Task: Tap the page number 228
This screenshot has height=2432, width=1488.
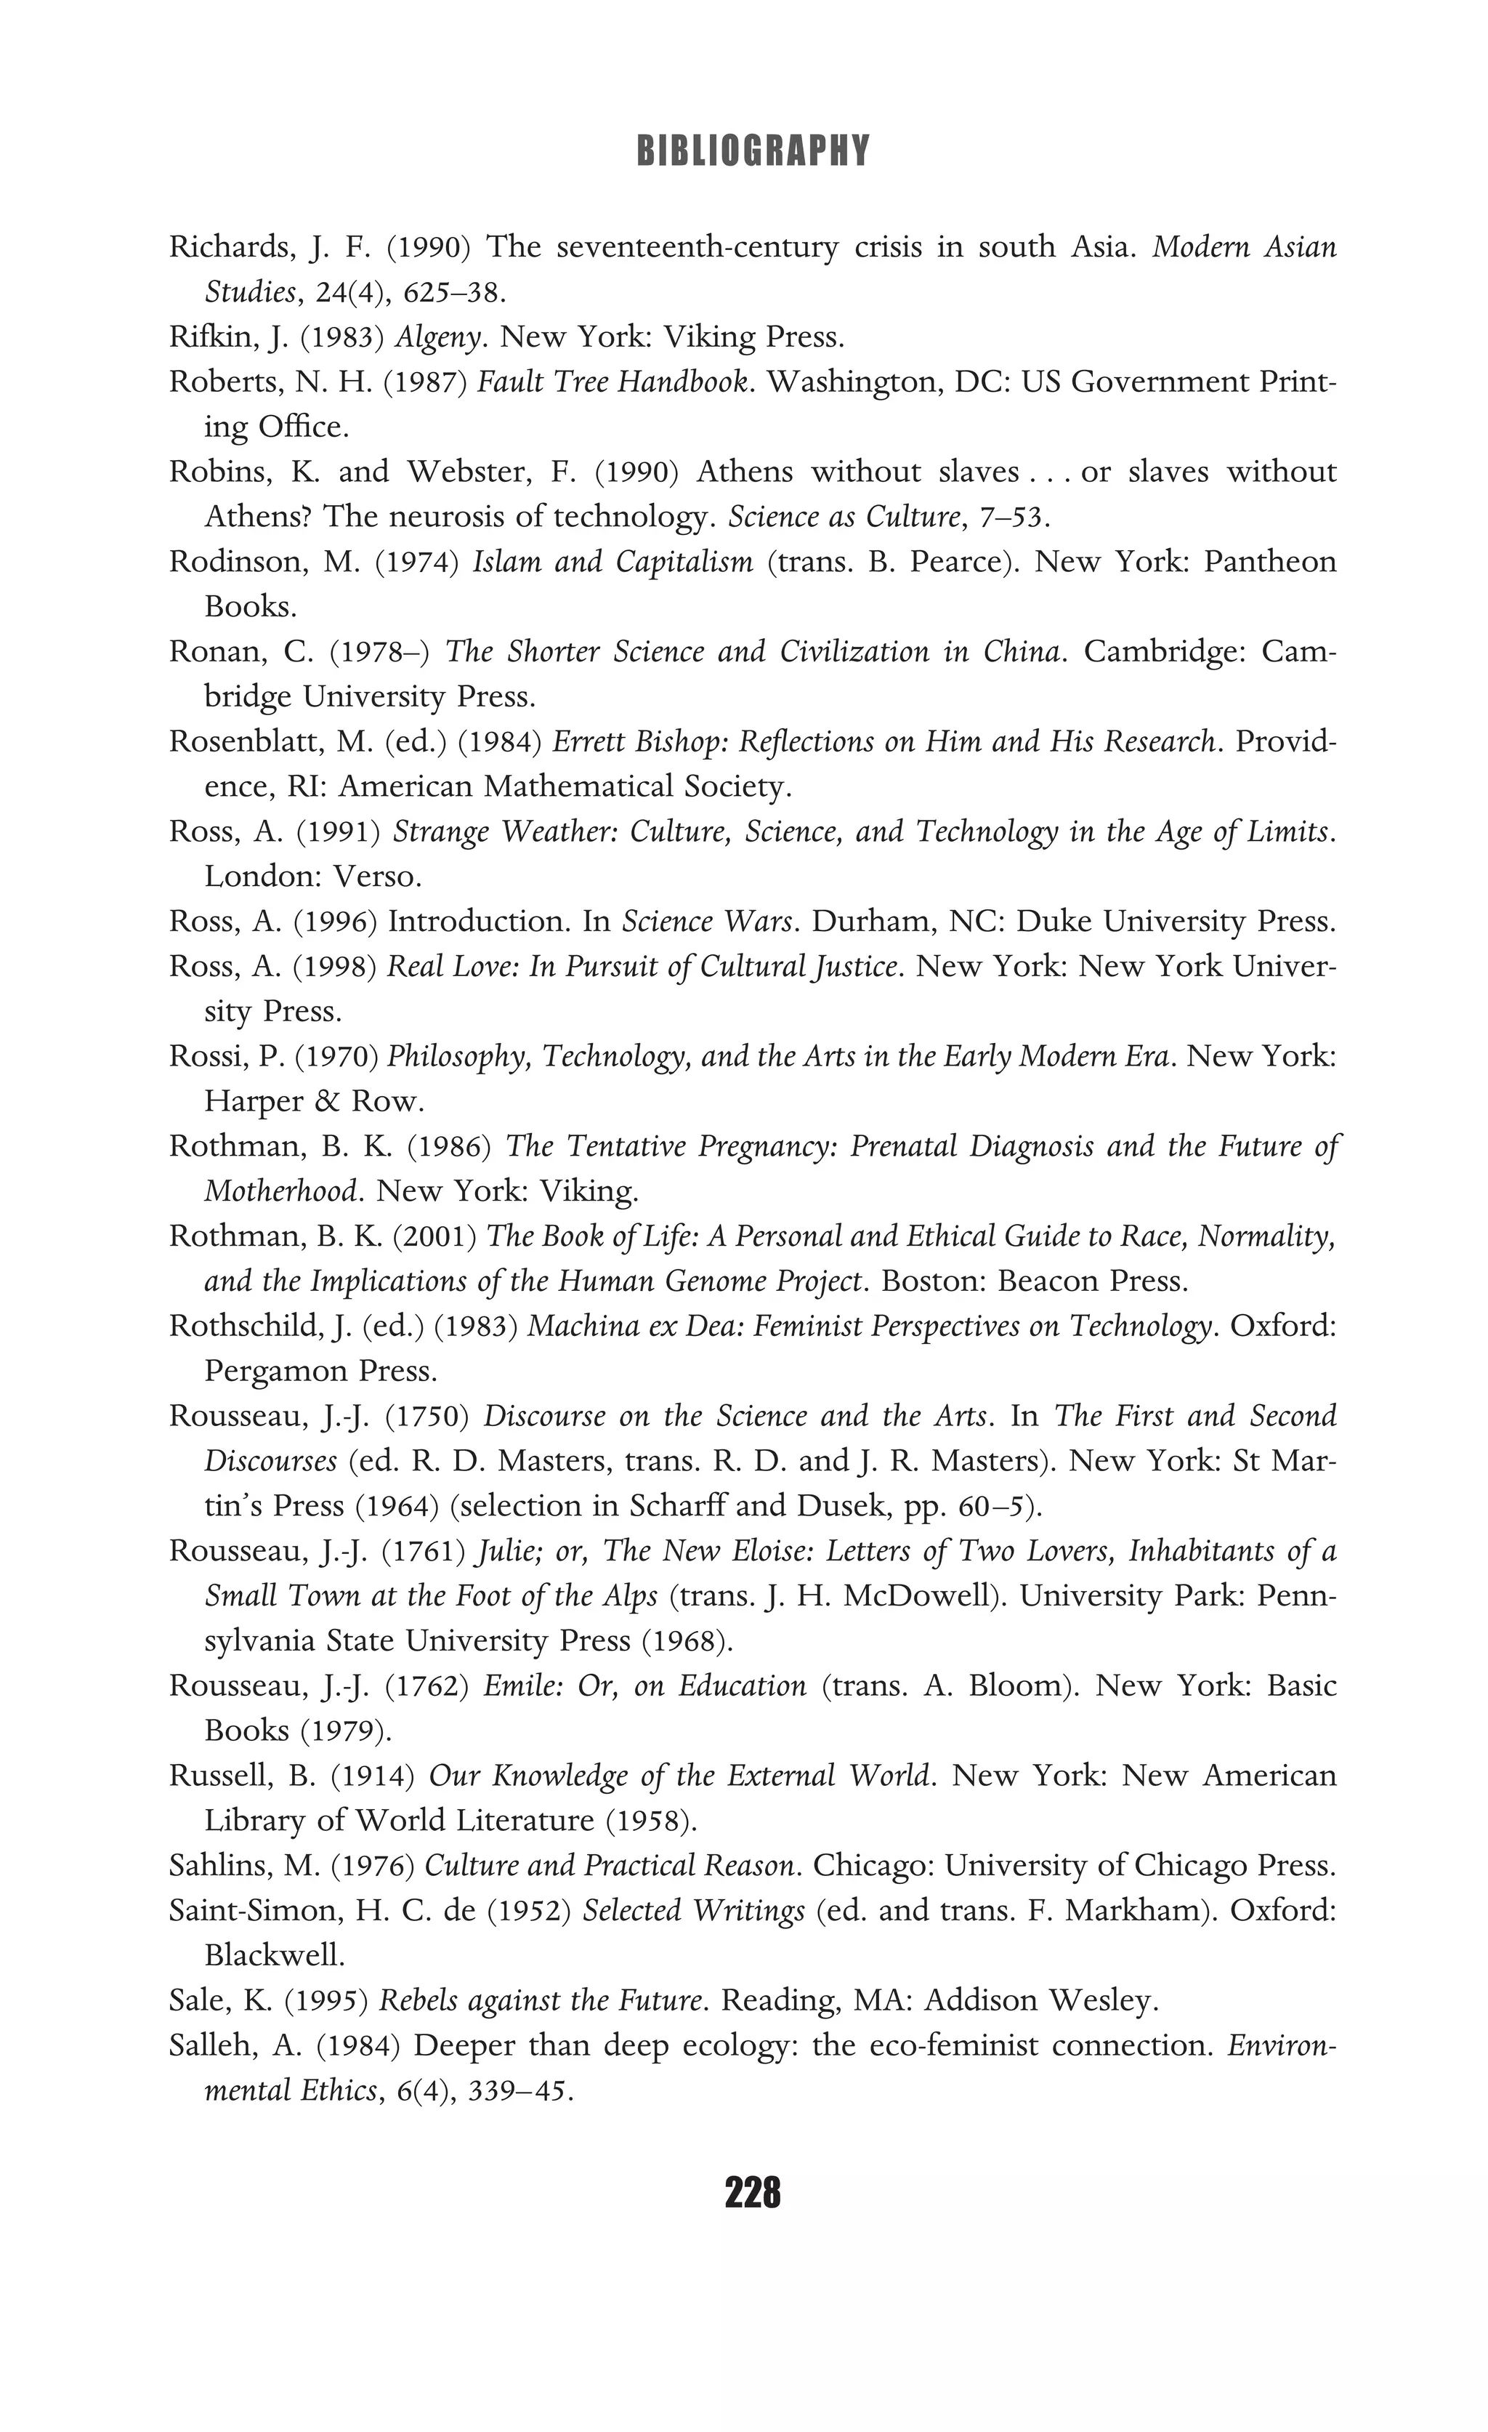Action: click(752, 2193)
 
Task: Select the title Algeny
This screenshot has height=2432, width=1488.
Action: click(438, 337)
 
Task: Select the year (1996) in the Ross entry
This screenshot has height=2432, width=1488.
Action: click(336, 922)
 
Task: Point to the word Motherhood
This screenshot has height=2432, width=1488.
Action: click(279, 1191)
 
